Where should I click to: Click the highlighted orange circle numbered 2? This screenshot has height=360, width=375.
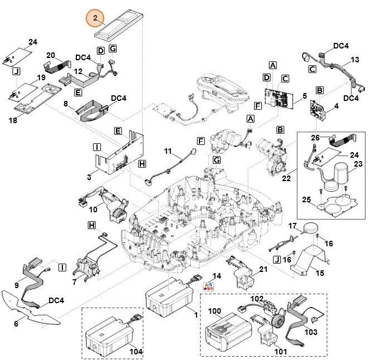tap(95, 19)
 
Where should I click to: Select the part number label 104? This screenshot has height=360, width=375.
tap(136, 352)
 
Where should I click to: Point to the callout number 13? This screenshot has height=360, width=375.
tap(354, 60)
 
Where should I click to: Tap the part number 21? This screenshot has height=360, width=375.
tap(264, 270)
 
